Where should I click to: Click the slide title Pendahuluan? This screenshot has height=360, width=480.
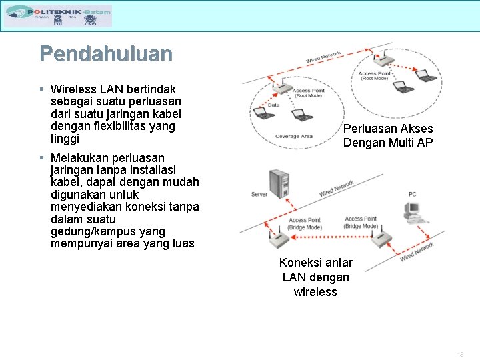[x=105, y=53]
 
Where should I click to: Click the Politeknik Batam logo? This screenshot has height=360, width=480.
[x=58, y=15]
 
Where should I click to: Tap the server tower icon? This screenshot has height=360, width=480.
[x=279, y=185]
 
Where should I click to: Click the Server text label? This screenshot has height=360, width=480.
[x=259, y=194]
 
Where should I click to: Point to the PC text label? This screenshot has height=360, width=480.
[x=413, y=194]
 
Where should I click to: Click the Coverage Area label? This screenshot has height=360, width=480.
[x=293, y=136]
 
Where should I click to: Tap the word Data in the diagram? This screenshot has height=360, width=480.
[x=273, y=105]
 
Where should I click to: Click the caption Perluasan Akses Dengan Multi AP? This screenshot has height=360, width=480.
[x=387, y=135]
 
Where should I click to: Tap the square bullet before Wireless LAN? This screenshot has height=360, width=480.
[x=41, y=89]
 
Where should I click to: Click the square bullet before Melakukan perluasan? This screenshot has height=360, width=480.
[x=41, y=158]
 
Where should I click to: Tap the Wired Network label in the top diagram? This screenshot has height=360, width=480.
[x=323, y=57]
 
